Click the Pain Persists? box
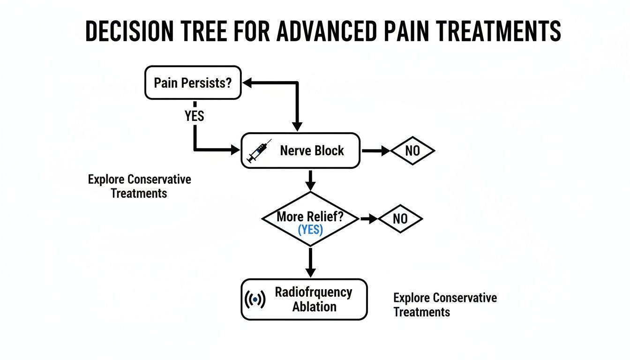[193, 83]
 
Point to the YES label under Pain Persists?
[194, 116]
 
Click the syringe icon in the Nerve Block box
[259, 151]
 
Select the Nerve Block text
[312, 151]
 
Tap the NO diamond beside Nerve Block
[412, 151]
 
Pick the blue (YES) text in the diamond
[310, 230]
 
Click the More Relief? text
[310, 217]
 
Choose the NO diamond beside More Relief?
[400, 219]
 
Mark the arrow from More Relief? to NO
[369, 219]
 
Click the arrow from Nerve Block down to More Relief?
[310, 180]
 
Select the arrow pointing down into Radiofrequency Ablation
[310, 262]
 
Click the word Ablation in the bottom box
[314, 307]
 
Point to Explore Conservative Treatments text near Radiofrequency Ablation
[444, 305]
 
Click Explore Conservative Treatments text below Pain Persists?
[139, 186]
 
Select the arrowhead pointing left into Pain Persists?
[247, 83]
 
